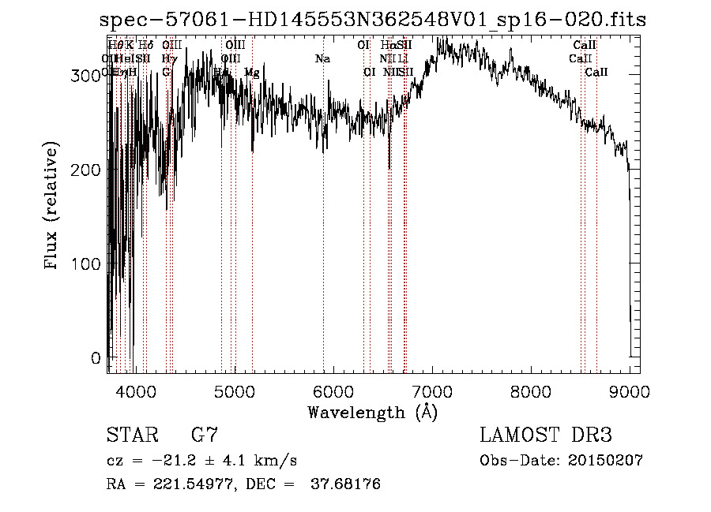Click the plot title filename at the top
373,20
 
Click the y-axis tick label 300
88,76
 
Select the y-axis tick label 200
88,170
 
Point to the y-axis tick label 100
88,264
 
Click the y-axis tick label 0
96,359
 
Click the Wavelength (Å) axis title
372,412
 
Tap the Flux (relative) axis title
53,207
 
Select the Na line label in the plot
322,59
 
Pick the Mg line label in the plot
251,73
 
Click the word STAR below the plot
131,435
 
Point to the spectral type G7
204,435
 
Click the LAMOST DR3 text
545,435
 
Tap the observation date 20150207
606,461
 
